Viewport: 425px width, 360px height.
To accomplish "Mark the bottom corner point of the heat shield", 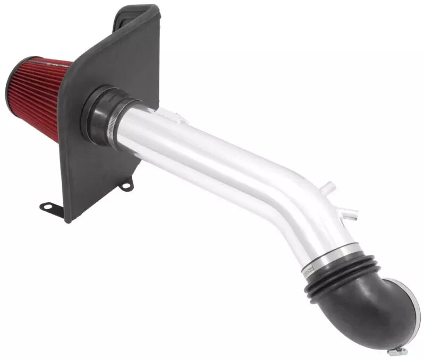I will click(67, 220).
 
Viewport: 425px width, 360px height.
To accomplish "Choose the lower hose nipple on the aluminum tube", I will click(351, 215).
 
